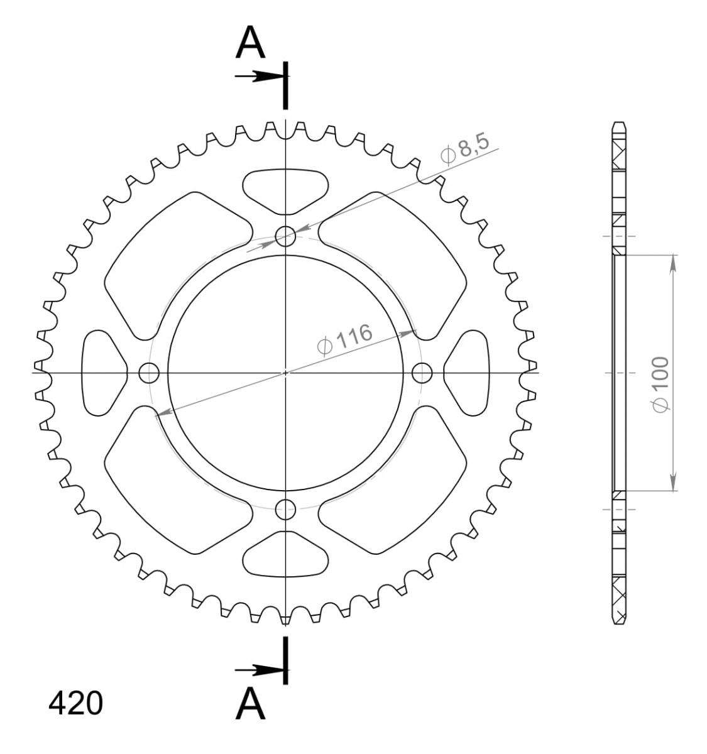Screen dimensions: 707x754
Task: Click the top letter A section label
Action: pos(250,42)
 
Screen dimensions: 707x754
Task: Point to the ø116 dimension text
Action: pos(344,339)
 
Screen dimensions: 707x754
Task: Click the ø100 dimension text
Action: pos(660,384)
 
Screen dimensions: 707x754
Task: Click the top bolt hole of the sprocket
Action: pos(285,236)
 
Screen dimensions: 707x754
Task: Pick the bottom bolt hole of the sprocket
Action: pos(285,509)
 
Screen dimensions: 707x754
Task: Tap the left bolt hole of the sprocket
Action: pos(148,373)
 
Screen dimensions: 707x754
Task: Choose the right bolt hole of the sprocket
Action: pos(422,373)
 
